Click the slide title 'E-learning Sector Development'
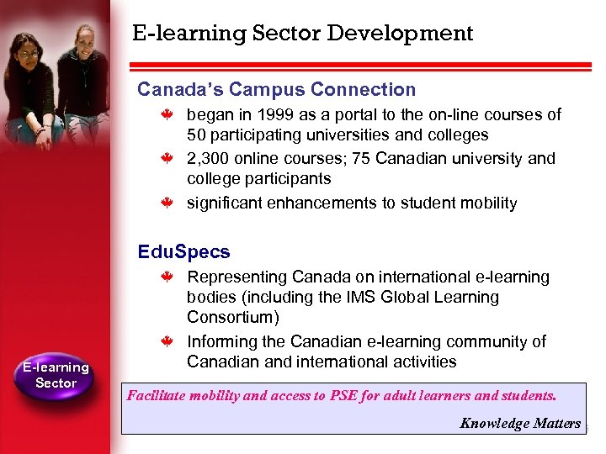[x=303, y=34]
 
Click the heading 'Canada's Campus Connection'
[x=277, y=89]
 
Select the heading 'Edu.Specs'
[x=183, y=251]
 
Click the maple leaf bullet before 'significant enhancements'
[x=167, y=203]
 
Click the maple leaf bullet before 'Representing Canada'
[x=167, y=277]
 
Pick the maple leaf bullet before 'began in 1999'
[x=167, y=115]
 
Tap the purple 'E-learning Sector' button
[x=56, y=375]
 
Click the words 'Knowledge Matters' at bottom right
[x=520, y=423]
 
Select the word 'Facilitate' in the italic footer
[x=157, y=394]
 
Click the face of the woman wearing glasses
[x=27, y=54]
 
